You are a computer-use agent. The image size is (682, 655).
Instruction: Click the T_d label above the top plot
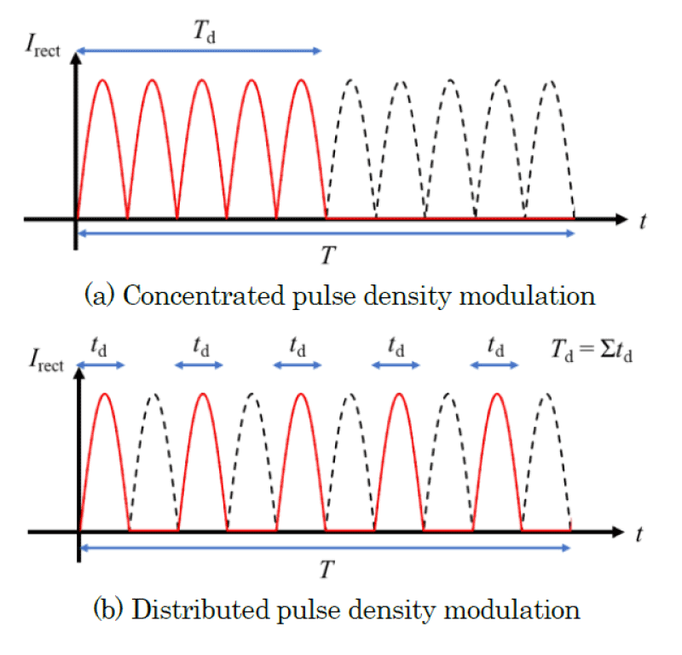click(201, 32)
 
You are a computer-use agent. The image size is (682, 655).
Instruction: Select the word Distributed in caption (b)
click(187, 610)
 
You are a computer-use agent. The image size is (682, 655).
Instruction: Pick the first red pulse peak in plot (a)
click(102, 81)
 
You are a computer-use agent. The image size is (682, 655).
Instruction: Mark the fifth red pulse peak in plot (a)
click(302, 81)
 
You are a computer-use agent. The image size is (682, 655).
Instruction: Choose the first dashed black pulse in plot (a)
click(350, 81)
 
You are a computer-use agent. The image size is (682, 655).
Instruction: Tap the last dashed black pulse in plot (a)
click(550, 81)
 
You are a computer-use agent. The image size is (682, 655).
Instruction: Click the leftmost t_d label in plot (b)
click(101, 347)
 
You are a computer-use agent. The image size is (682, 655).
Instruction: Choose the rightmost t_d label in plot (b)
click(494, 347)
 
